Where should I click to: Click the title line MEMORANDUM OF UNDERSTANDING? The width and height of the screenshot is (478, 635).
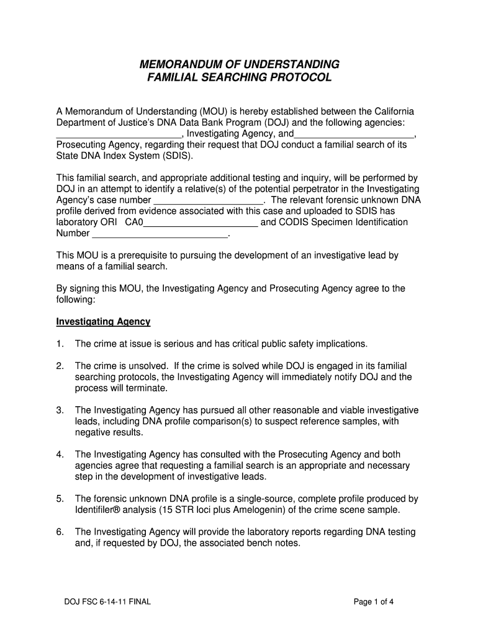[x=239, y=64]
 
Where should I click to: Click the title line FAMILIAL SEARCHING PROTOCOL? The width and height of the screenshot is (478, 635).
[x=239, y=78]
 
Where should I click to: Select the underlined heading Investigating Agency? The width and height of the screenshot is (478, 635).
[x=103, y=322]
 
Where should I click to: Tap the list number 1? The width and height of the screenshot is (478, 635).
[x=60, y=344]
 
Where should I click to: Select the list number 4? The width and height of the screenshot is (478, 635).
[x=60, y=455]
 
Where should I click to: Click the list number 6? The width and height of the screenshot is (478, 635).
[x=60, y=532]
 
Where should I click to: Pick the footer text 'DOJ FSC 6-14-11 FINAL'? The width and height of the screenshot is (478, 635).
[x=107, y=602]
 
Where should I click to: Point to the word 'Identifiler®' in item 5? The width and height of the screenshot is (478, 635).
[x=101, y=510]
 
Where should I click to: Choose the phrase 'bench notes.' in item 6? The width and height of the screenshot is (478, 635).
[x=273, y=543]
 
